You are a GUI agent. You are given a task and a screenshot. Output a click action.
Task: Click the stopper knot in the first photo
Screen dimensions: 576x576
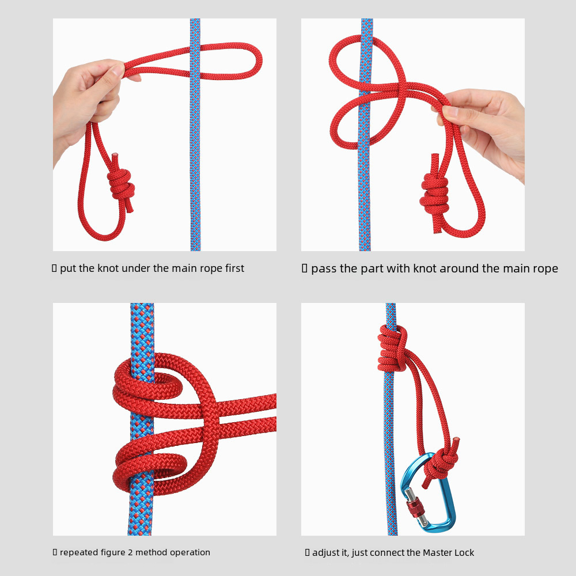pyautogui.click(x=121, y=184)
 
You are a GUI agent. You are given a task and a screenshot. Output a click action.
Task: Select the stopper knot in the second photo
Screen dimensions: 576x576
pyautogui.click(x=434, y=195)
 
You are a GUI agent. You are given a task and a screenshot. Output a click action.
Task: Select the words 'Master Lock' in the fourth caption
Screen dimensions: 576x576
pyautogui.click(x=448, y=552)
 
